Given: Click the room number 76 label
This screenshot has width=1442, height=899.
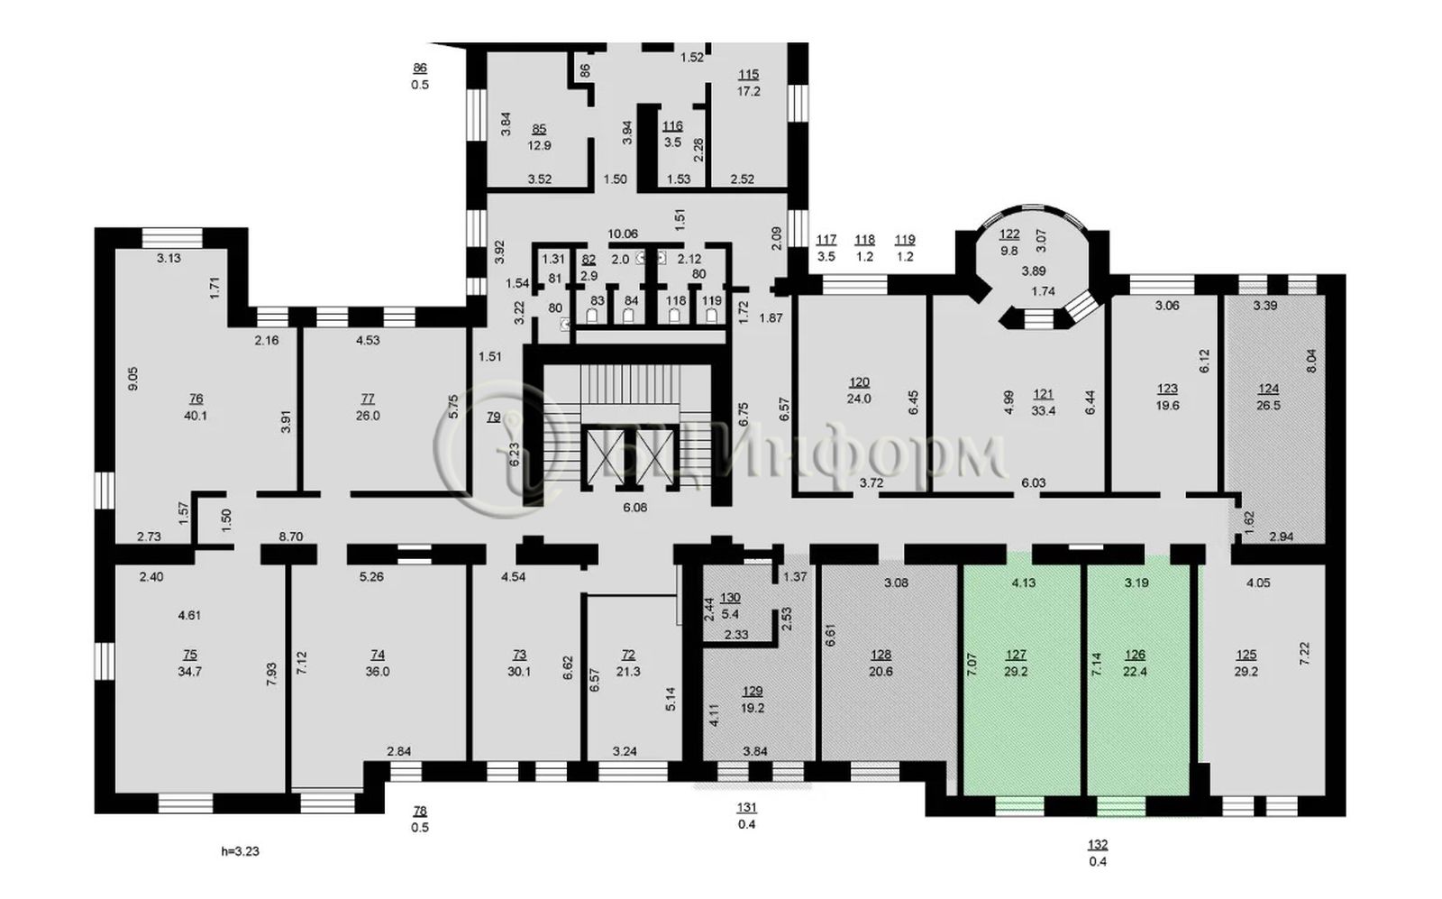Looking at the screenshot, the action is coord(196,399).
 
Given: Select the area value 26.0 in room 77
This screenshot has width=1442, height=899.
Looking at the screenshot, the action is coord(368,416).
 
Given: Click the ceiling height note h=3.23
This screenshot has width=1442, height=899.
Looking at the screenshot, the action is coord(240,851).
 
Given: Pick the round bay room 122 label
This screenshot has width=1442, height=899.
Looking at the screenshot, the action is coord(1009,234).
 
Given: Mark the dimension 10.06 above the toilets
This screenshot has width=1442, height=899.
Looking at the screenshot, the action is coord(623,234).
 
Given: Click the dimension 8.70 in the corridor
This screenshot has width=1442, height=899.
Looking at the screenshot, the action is coord(291,536).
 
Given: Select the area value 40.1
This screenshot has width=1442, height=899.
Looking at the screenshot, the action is coord(196,416).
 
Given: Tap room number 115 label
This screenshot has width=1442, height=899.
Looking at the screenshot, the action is coord(749,74).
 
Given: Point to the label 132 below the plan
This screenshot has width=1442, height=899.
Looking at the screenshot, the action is coord(1098,845).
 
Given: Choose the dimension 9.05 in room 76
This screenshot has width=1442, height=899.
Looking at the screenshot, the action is coord(133,379).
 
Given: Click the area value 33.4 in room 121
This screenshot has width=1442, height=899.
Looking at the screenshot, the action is coord(1044,411).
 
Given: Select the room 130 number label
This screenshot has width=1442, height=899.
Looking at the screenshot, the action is coord(731,598).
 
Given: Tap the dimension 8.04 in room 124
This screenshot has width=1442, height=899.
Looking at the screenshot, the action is coord(1312,361).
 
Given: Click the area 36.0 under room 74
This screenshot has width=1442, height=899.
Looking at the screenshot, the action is coord(378,672).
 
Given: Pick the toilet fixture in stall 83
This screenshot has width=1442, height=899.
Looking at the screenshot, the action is coord(593,316).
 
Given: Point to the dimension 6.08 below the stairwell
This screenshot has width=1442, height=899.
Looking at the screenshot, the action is coord(634,508).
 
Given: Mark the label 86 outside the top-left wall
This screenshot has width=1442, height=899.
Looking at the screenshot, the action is coord(420,68).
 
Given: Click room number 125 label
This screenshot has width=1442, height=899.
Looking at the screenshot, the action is coord(1246,655).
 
